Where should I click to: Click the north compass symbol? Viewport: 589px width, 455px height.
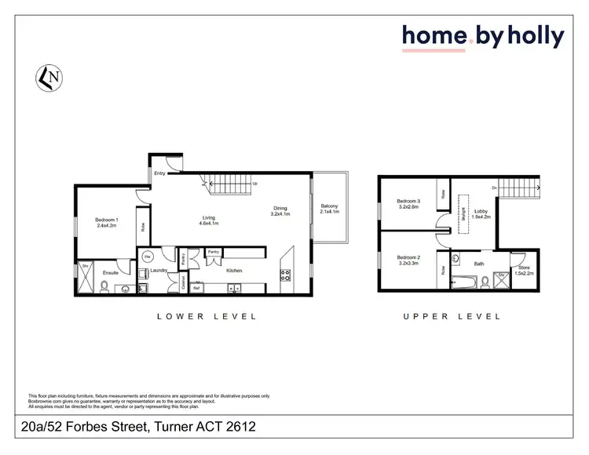tap(48, 78)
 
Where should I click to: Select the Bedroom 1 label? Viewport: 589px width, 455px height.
tap(106, 222)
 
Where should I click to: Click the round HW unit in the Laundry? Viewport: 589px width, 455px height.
tap(146, 257)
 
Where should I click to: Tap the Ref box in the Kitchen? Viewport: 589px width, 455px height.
tap(197, 288)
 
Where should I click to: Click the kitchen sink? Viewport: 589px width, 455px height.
tap(234, 289)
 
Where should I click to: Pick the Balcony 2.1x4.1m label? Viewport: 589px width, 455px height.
tap(329, 209)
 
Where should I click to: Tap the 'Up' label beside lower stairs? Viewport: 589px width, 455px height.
tap(254, 184)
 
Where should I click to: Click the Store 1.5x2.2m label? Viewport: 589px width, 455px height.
tap(524, 271)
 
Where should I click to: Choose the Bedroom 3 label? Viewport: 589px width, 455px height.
tap(408, 204)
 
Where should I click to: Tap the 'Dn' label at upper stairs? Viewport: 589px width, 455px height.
tap(494, 188)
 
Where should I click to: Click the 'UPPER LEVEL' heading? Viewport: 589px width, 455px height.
tap(452, 317)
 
